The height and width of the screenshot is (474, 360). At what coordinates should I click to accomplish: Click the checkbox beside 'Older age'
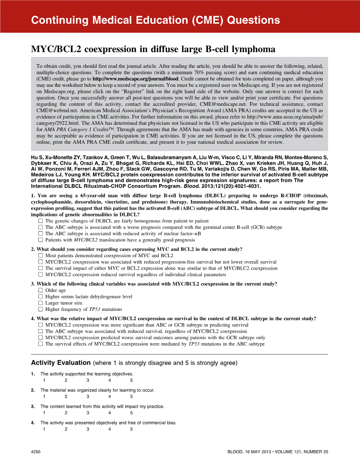(40, 290)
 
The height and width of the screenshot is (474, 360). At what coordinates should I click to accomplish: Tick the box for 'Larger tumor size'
(40, 303)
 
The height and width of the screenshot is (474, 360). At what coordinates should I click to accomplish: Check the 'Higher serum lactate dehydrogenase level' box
(40, 297)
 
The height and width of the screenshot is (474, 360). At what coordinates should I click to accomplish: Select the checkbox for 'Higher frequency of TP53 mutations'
(40, 309)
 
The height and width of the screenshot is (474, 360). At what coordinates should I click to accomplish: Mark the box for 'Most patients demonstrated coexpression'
(40, 256)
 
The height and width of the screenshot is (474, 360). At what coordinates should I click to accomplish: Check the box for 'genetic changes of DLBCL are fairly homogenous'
(40, 221)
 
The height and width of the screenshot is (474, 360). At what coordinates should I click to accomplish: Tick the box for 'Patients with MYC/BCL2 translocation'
(40, 240)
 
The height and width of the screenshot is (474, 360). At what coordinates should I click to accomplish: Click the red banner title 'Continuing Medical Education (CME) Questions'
(155, 20)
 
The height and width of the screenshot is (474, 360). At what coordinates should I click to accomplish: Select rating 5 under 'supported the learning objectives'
(131, 380)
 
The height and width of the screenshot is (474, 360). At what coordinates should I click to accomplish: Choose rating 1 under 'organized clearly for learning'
(44, 396)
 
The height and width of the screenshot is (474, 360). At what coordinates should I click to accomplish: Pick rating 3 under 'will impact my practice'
(88, 413)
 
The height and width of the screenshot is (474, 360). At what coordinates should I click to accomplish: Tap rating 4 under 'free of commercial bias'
(109, 429)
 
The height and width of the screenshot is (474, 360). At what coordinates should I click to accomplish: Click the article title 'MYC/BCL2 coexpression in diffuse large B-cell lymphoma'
(153, 49)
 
